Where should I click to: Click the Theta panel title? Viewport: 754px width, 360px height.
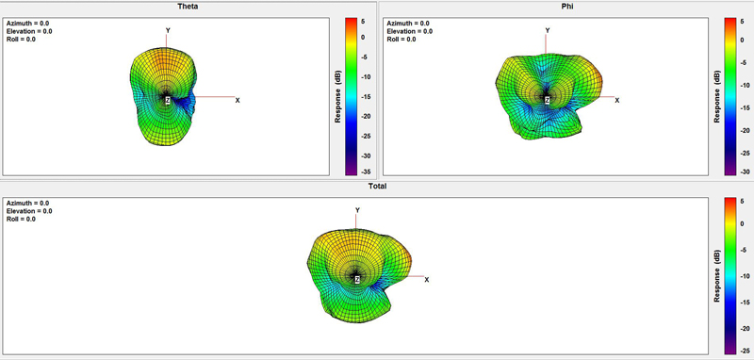pyautogui.click(x=188, y=7)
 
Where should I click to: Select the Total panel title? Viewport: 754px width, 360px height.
pyautogui.click(x=377, y=186)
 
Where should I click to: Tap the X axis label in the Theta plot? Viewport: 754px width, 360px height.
pyautogui.click(x=238, y=100)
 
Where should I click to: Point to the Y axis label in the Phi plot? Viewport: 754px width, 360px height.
pyautogui.click(x=548, y=30)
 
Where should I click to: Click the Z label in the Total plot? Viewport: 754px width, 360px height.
pyautogui.click(x=357, y=279)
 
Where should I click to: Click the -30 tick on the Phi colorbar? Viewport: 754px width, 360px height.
pyautogui.click(x=745, y=172)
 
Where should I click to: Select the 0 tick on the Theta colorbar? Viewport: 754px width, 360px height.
pyautogui.click(x=363, y=37)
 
